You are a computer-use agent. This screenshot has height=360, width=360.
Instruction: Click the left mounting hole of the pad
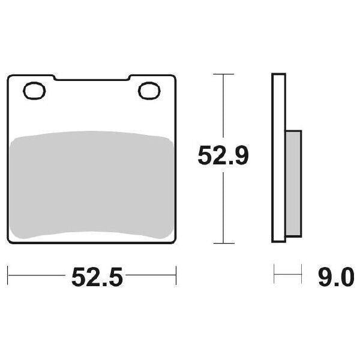click(34, 91)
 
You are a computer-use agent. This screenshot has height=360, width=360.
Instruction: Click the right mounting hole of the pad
click(149, 91)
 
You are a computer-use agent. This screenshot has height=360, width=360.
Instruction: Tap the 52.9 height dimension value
click(223, 155)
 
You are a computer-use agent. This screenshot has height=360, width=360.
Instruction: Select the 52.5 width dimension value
click(97, 277)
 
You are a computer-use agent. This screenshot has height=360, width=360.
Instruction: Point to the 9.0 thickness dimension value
click(336, 277)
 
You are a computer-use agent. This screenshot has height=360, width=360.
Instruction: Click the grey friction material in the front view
click(91, 185)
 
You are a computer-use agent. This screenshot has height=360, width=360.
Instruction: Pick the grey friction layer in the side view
click(293, 184)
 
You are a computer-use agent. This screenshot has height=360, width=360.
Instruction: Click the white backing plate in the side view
click(279, 158)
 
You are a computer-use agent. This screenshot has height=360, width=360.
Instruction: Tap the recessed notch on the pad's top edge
click(92, 78)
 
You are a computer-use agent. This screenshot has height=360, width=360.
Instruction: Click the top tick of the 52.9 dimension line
click(223, 74)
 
